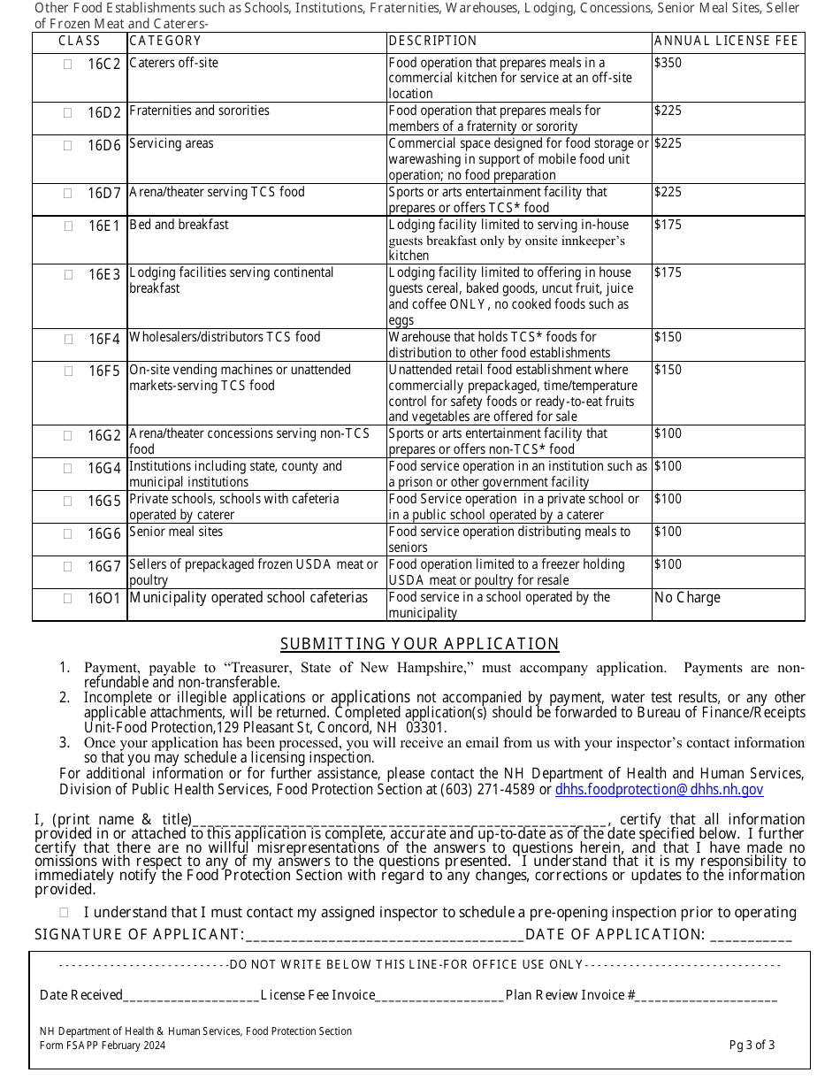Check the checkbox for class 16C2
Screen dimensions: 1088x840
click(x=68, y=65)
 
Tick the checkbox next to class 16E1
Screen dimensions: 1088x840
click(x=68, y=226)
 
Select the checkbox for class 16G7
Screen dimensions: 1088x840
click(x=68, y=566)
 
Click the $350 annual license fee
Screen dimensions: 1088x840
click(x=668, y=64)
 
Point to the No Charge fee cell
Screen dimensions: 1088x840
click(x=687, y=598)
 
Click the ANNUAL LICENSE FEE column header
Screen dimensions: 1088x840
click(x=726, y=41)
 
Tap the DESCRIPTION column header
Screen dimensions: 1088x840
click(x=432, y=41)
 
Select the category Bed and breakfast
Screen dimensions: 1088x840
click(x=179, y=225)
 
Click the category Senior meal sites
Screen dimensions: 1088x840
click(x=176, y=532)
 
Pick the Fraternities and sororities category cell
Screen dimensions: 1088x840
click(x=200, y=111)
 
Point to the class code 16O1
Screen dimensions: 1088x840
click(x=103, y=599)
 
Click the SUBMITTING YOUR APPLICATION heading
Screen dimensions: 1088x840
click(x=420, y=644)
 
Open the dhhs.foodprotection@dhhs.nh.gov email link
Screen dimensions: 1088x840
click(x=659, y=790)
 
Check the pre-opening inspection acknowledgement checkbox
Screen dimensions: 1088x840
click(x=65, y=912)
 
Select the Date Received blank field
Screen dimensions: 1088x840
click(x=191, y=997)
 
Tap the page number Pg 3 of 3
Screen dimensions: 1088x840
click(x=752, y=1046)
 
